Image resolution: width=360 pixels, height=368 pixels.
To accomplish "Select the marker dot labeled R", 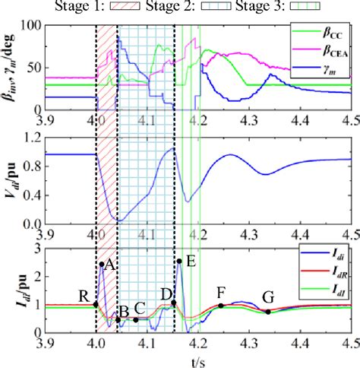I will click(96, 304).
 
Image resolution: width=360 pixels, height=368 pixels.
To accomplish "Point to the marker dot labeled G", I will click(267, 312).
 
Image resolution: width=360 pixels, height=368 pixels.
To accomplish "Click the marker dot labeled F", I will click(220, 306).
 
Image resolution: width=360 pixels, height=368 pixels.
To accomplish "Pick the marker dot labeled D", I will click(174, 303).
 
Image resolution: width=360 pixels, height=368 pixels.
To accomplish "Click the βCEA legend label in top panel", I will click(331, 52).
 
